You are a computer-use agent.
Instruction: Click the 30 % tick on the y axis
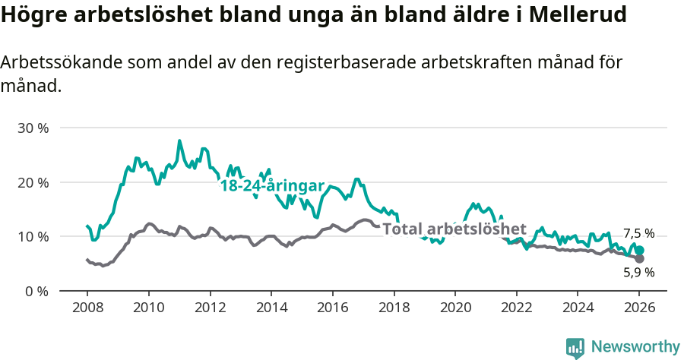[33, 128]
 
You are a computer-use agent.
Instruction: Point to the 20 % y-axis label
[33, 182]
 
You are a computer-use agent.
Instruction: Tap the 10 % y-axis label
[33, 236]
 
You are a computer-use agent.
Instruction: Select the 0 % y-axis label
[36, 291]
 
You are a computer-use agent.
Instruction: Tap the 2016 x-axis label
[332, 308]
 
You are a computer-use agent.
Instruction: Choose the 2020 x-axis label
[454, 308]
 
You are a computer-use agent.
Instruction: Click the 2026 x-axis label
[639, 308]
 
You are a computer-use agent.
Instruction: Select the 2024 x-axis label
[578, 308]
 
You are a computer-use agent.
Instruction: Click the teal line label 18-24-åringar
[272, 186]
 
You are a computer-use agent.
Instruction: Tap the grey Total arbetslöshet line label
[454, 229]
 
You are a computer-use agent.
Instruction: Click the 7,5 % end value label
[638, 234]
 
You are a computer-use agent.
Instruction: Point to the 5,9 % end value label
[638, 272]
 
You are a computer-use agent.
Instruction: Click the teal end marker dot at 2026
[639, 250]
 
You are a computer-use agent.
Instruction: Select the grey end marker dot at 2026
[639, 259]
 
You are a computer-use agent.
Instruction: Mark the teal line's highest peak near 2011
[179, 141]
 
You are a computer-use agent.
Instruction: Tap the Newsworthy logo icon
[575, 347]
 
